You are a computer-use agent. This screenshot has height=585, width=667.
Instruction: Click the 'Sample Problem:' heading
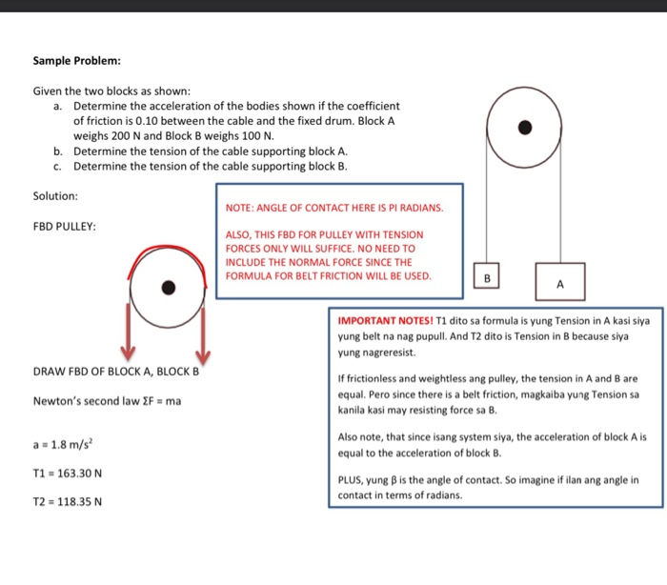click(x=76, y=62)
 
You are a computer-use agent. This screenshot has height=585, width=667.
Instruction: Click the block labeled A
click(x=559, y=283)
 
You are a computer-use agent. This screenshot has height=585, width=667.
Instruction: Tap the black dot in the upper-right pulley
click(x=523, y=128)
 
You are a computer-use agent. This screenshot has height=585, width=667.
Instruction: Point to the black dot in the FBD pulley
click(x=169, y=287)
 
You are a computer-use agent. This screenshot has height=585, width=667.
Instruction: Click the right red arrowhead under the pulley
click(x=202, y=354)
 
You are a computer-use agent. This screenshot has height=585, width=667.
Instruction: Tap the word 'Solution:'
click(x=55, y=196)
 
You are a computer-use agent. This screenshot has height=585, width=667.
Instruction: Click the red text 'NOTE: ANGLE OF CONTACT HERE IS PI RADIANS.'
click(x=333, y=207)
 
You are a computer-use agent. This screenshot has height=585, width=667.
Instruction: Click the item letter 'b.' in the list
click(x=59, y=151)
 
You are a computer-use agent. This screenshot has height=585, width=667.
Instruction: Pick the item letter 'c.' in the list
click(x=59, y=166)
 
